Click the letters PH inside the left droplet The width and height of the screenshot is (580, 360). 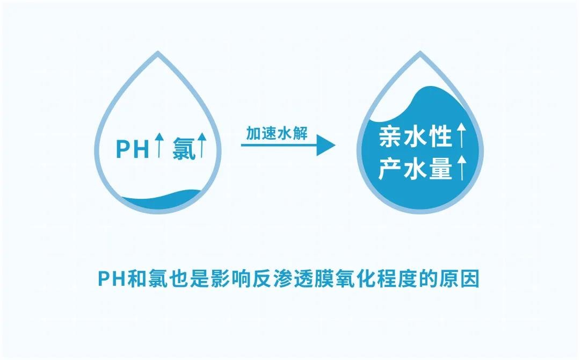pos(133,149)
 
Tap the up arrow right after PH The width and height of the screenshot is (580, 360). pos(159,145)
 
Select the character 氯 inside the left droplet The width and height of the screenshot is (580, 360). pos(184,149)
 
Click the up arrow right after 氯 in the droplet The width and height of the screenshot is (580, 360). pos(201,145)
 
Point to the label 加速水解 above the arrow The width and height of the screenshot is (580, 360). pos(277,133)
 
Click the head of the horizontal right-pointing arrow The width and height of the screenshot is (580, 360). pos(326,145)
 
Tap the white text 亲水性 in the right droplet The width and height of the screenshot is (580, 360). pos(415,136)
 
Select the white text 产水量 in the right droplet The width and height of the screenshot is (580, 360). pos(415,169)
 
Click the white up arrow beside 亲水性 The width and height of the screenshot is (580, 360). pos(461,135)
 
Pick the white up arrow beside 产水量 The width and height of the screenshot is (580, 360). pos(461,168)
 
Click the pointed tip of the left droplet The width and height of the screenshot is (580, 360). pos(158,52)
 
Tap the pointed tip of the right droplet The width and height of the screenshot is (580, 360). pos(420,52)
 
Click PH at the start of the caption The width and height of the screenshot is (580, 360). pos(112,278)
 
